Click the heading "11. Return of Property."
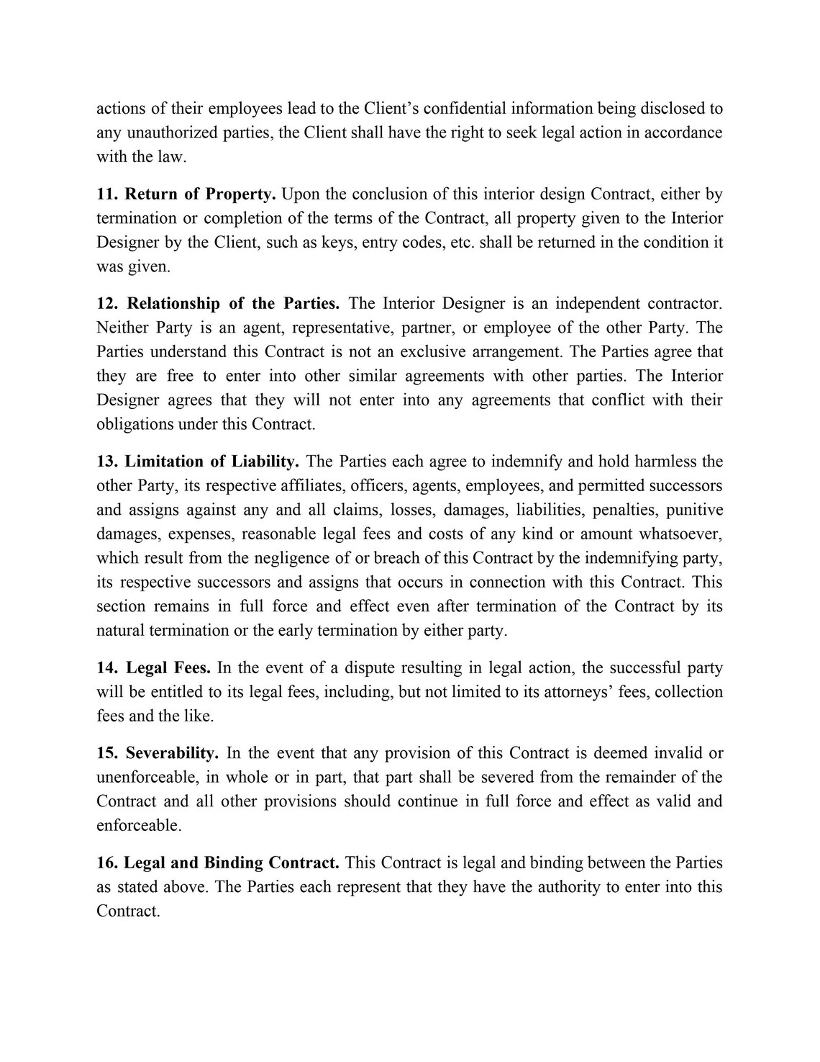(x=186, y=194)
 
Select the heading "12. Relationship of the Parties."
(x=218, y=304)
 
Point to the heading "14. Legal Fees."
(x=153, y=668)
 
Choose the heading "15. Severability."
(x=158, y=754)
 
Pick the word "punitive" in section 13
(x=694, y=510)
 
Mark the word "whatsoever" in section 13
(x=682, y=534)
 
